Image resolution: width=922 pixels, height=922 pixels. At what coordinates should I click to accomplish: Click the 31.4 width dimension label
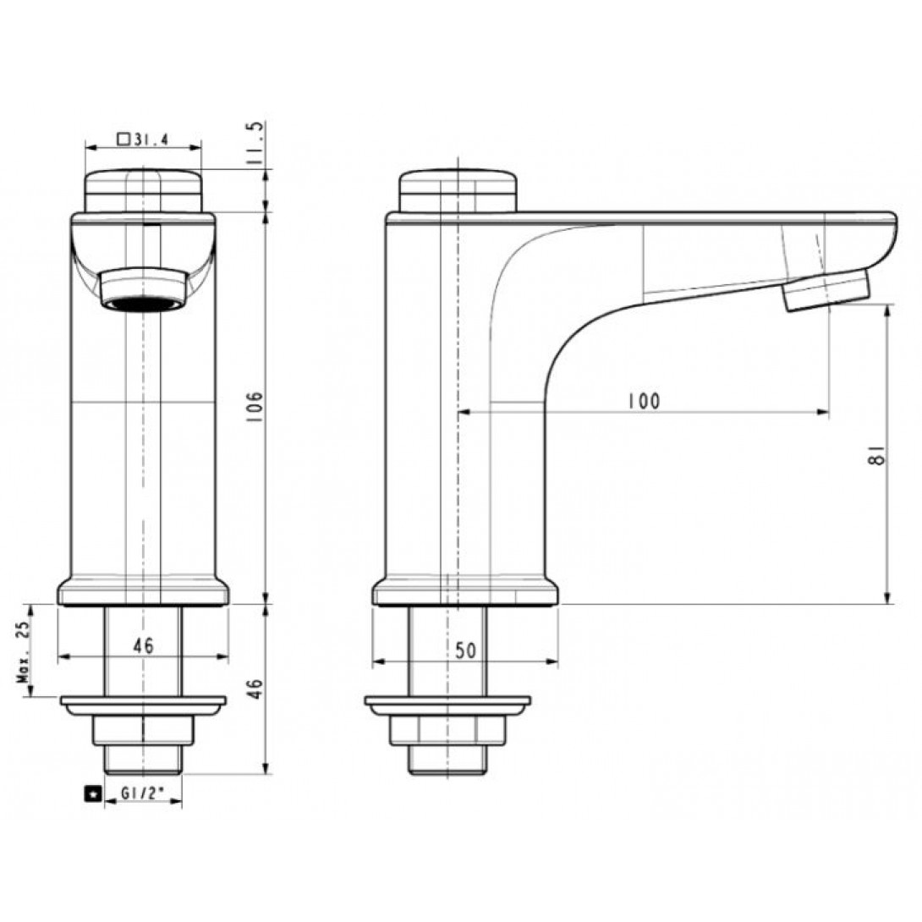[x=149, y=139]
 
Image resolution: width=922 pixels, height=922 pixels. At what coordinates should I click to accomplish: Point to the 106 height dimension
[x=258, y=408]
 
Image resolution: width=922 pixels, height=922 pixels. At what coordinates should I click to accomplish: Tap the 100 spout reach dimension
[x=644, y=401]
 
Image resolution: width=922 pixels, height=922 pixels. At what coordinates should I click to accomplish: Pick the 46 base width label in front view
[x=143, y=645]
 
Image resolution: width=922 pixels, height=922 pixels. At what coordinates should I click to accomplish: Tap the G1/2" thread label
[x=141, y=794]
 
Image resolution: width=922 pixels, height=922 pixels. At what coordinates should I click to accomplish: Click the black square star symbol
[x=91, y=794]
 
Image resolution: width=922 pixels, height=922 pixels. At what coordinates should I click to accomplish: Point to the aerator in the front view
[x=142, y=290]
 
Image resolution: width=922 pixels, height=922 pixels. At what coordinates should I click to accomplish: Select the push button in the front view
[x=142, y=189]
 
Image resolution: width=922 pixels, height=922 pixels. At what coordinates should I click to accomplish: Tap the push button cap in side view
[x=458, y=190]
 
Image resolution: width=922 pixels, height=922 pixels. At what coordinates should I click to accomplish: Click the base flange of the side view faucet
[x=464, y=593]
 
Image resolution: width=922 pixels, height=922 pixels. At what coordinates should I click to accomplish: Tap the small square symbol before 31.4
[x=123, y=139]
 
